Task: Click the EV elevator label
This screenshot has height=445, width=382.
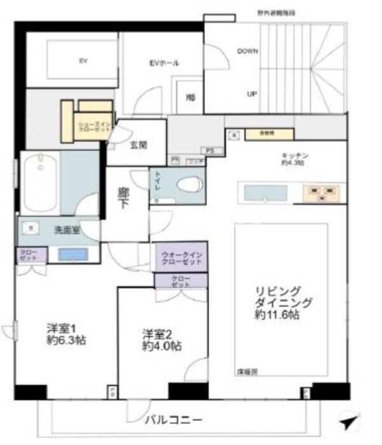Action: (x=83, y=61)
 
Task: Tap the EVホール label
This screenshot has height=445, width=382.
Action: (x=164, y=63)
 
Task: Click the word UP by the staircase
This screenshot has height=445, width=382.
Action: (x=251, y=94)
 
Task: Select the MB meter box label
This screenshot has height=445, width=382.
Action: (x=190, y=97)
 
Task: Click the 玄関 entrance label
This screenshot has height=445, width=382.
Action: (x=139, y=145)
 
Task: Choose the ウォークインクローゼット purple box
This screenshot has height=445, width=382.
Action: (x=181, y=257)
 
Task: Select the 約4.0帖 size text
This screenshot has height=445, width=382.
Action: (x=160, y=347)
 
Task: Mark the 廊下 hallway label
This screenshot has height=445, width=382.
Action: (x=123, y=198)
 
